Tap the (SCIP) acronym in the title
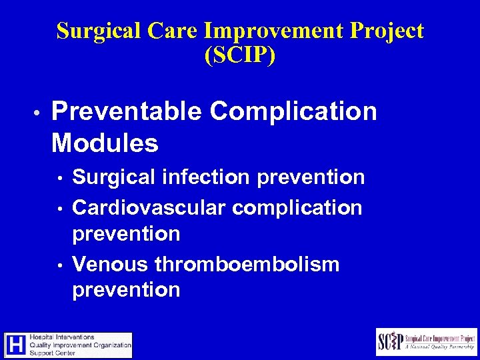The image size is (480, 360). coord(239,56)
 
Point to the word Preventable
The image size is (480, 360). coord(125,112)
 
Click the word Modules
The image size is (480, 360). coord(105,143)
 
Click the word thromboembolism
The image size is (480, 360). coord(247,265)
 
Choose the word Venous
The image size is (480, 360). coord(111,265)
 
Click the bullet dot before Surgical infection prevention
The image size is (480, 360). coord(60,179)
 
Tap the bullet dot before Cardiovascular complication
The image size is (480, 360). coord(60,209)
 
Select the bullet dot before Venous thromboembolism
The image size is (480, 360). coord(60,265)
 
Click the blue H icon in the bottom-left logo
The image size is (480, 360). coord(15,345)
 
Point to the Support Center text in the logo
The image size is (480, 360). coord(58,353)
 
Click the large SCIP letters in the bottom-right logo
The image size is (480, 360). coord(391,341)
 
